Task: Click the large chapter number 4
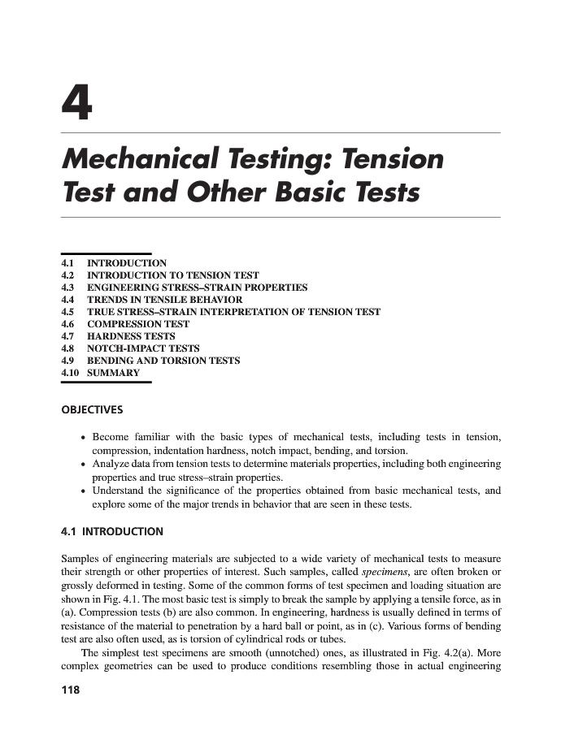(x=76, y=104)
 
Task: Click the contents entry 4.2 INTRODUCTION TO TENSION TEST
(x=172, y=275)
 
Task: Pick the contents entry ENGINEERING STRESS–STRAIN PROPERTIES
(x=197, y=288)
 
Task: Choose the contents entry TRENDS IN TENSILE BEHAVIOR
(x=164, y=300)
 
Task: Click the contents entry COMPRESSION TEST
(x=138, y=324)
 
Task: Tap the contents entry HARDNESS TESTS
(x=131, y=336)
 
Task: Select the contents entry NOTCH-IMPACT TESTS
(x=143, y=348)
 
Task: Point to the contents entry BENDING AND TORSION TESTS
(x=163, y=361)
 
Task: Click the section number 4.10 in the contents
(x=72, y=373)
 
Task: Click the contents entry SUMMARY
(x=113, y=373)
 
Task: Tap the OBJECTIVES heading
(x=92, y=409)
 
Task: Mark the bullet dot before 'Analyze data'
(x=84, y=465)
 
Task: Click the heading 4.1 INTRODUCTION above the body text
(x=112, y=532)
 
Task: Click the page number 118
(x=72, y=690)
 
